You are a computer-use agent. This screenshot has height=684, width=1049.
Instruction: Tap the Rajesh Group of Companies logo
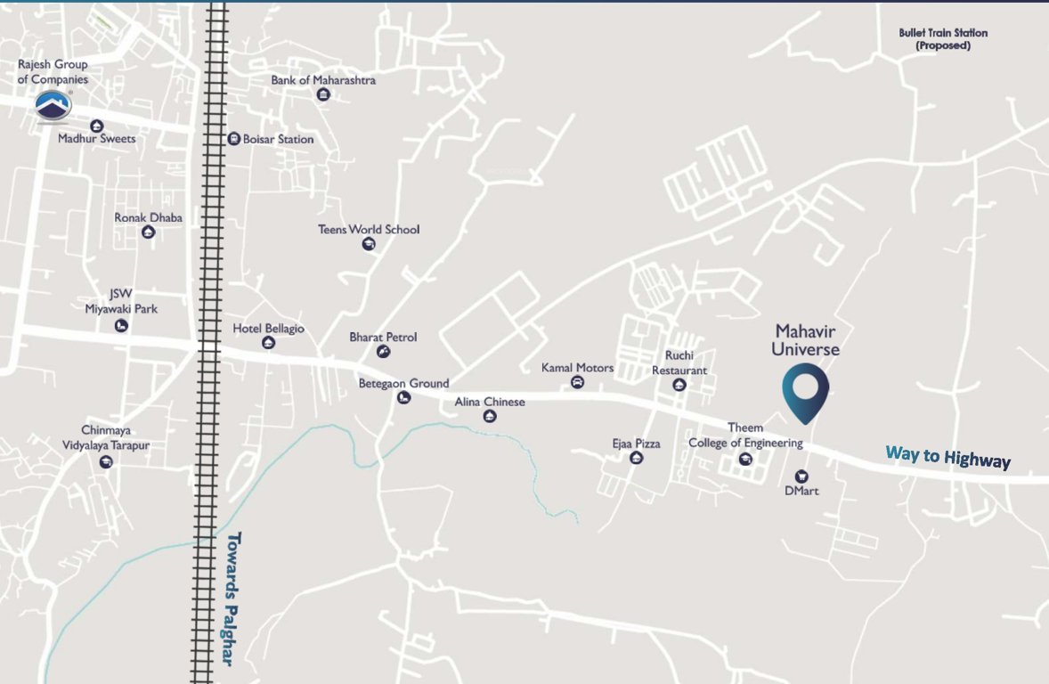coord(53,106)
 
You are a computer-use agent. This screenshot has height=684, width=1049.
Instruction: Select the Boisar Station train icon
coord(233,139)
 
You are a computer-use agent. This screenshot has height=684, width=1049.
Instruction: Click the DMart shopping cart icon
coord(801,476)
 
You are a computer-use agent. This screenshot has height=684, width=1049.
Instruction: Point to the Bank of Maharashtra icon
coord(323,95)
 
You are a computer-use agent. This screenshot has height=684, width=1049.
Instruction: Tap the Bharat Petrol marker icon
coord(383,352)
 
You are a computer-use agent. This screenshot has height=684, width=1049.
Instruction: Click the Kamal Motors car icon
coord(577,383)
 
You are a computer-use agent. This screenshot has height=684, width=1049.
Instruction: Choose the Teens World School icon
coord(369,244)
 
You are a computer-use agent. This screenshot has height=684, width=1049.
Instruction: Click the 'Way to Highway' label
coord(947,457)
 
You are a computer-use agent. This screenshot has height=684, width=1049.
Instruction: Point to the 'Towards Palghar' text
coord(230,598)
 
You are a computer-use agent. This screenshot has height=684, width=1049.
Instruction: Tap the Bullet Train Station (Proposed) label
coord(943,39)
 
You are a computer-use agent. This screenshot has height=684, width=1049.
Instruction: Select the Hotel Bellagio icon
coord(268,343)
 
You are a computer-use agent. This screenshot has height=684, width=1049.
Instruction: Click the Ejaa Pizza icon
coord(636,458)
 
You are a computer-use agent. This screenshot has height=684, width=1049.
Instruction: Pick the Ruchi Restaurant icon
coord(679,385)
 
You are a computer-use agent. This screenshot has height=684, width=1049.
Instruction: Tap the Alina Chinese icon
coord(490,416)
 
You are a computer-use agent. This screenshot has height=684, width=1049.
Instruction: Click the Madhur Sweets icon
coord(96,126)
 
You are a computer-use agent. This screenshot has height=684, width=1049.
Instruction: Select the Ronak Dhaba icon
coord(149,232)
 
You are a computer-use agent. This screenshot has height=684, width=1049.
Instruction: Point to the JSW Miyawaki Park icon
coord(121,326)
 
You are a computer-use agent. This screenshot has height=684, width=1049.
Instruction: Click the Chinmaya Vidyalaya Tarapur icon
coord(107,460)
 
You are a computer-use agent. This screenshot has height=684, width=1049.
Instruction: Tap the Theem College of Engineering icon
coord(745,459)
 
